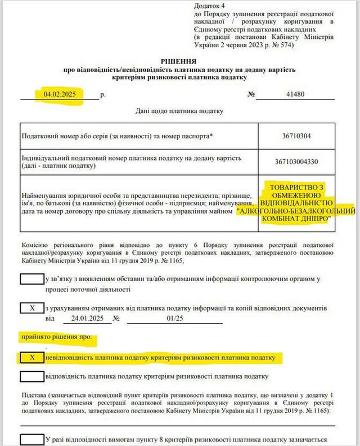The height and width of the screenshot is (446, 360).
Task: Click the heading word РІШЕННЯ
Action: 179,61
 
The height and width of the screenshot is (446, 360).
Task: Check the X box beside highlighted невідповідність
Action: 32,357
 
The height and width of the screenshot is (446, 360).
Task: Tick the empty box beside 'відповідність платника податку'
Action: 32,376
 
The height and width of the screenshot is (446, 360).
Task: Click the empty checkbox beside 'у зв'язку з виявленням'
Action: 32,278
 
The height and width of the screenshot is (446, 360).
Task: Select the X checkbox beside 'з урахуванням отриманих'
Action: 32,308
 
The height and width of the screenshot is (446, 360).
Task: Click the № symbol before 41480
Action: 251,94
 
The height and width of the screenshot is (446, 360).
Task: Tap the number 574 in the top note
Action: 285,46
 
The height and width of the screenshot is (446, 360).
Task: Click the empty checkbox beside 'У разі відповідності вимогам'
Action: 32,439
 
